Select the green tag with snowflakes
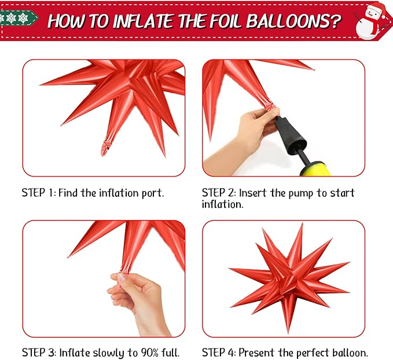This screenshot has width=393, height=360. tap(18, 18)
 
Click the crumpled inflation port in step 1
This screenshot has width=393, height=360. tap(105, 148)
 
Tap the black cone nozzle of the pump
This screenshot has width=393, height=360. tap(290, 135)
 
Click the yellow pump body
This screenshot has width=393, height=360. tap(315, 169)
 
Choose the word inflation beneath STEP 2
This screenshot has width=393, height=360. tap(223, 204)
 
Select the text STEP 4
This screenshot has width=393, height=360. tap(219, 352)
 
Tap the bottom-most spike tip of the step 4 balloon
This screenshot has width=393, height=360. tap(288, 333)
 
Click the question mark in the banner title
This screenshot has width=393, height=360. tap(335, 21)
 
